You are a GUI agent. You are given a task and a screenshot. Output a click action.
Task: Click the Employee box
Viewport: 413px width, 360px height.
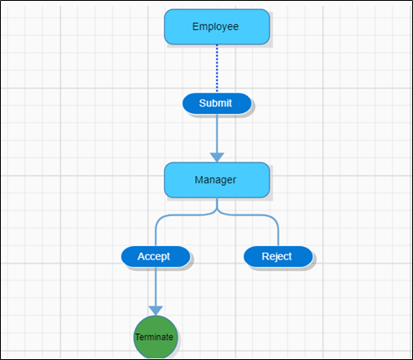216,26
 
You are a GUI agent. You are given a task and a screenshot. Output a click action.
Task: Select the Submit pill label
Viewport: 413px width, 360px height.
216,103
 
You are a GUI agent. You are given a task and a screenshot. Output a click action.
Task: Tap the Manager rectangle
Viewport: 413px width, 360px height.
216,180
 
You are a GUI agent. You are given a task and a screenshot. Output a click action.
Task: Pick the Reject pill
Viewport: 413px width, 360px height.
277,256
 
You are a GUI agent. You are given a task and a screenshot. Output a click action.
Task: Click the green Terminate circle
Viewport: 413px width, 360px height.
155,337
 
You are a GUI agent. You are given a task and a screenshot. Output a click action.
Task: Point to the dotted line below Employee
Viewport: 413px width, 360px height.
217,67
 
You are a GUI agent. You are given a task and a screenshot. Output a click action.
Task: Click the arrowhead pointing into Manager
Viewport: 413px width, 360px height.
217,157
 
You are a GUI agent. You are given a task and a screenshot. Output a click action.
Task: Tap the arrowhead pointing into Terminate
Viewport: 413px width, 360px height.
155,310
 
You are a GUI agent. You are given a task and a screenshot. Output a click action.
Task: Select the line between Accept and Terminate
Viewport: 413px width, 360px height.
155,285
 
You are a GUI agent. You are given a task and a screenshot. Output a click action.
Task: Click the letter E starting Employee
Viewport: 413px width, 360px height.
195,26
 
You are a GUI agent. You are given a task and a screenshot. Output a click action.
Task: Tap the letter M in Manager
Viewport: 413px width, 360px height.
199,180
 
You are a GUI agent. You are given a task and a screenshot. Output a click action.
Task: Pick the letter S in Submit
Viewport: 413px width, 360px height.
202,103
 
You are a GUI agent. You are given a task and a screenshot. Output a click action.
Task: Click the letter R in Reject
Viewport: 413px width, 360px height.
265,256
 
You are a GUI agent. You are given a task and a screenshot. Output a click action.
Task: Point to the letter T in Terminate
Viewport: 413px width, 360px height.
137,337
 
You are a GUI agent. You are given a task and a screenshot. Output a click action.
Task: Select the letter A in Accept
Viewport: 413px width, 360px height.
141,256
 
